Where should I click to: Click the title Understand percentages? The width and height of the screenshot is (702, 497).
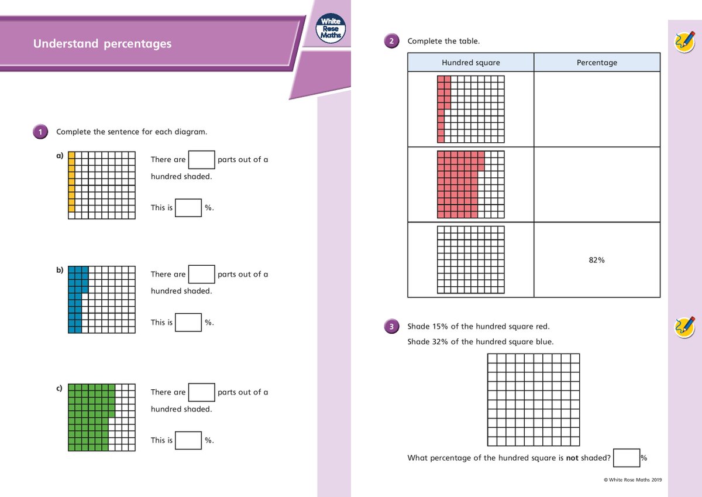click(102, 44)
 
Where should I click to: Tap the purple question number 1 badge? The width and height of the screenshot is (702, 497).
click(40, 132)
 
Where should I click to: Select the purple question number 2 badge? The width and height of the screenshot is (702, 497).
click(391, 41)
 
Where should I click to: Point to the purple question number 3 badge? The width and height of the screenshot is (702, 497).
click(391, 327)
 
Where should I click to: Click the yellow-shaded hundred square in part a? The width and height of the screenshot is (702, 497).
click(102, 185)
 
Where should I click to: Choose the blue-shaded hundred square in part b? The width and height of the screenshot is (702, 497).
click(102, 300)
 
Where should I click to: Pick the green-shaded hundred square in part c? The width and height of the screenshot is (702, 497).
click(102, 417)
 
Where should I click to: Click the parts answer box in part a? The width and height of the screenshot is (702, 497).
click(202, 160)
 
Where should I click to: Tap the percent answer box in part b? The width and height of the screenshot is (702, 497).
click(188, 323)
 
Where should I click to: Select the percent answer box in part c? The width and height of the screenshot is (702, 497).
click(188, 440)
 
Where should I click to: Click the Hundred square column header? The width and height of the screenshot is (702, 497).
click(471, 63)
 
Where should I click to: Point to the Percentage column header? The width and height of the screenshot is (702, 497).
click(597, 63)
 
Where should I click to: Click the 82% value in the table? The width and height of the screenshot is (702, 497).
click(597, 260)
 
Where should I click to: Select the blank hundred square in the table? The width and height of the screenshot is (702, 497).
click(471, 259)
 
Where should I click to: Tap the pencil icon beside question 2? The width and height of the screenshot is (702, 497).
click(684, 42)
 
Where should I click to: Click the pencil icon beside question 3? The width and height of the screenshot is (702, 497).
click(684, 326)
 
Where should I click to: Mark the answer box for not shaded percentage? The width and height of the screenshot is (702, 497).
click(625, 458)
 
